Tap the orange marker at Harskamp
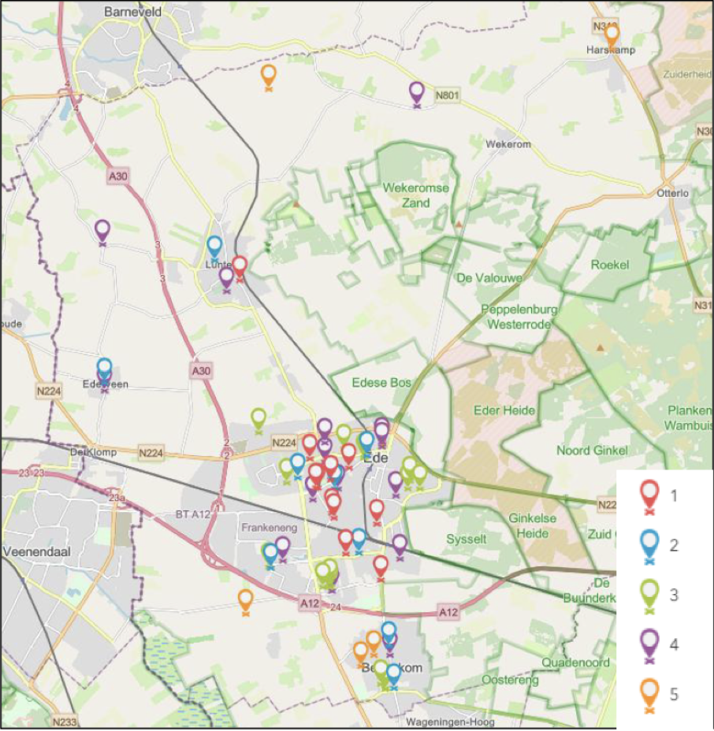[611, 34]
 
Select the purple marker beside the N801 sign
[417, 93]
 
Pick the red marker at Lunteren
[240, 267]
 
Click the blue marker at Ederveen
[104, 369]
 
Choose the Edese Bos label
[381, 383]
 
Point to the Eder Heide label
[504, 410]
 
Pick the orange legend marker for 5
[649, 693]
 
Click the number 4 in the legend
[673, 644]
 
